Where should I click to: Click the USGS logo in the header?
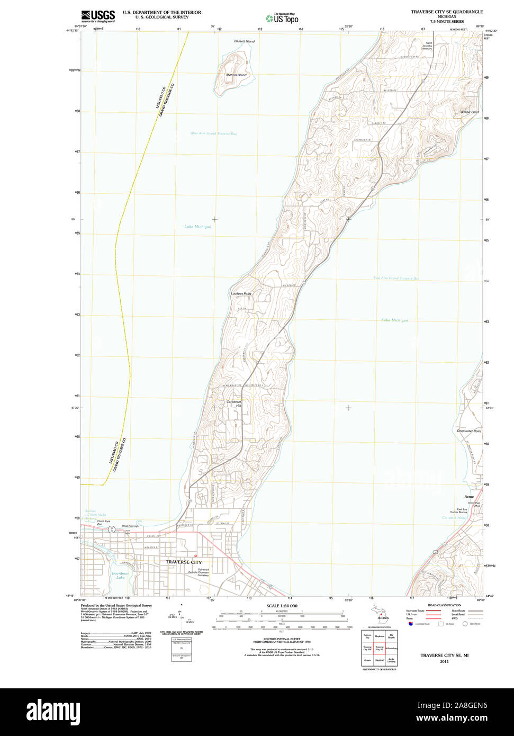[x=98, y=15]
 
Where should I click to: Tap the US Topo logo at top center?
[x=282, y=18]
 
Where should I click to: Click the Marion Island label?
[x=236, y=75]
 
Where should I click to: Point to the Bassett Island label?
[x=244, y=41]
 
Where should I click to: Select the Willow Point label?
[x=469, y=112]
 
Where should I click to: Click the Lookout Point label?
[x=241, y=293]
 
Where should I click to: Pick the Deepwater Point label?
[x=469, y=431]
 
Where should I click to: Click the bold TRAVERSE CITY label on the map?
[x=183, y=562]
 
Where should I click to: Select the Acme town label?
[x=469, y=497]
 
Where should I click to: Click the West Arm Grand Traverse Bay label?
[x=213, y=134]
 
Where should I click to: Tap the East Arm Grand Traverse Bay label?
[x=395, y=279]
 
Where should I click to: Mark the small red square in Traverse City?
[x=195, y=555]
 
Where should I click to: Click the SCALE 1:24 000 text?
[x=282, y=606]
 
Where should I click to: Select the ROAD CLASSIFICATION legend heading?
[x=444, y=605]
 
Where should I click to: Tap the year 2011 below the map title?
[x=444, y=661]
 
